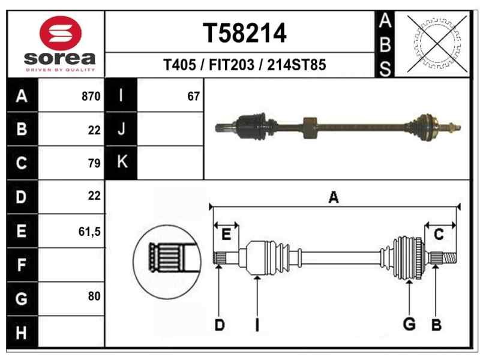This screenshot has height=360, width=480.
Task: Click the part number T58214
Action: click(x=244, y=34)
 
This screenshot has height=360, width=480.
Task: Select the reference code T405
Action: click(x=179, y=65)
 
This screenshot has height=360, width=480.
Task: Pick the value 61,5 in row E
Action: click(x=89, y=230)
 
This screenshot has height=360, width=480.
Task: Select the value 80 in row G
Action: click(x=94, y=296)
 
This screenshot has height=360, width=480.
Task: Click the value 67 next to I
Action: click(x=193, y=96)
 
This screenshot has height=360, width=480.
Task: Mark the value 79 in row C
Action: click(x=94, y=163)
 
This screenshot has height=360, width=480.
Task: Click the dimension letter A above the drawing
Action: click(x=334, y=197)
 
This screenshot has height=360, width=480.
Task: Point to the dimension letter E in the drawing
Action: click(x=226, y=235)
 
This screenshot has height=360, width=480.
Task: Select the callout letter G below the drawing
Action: click(x=409, y=325)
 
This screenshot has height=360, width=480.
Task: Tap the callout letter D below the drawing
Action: click(x=220, y=325)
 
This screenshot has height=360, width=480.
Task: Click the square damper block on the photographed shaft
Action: click(x=310, y=127)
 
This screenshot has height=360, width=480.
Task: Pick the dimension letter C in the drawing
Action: click(x=439, y=235)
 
